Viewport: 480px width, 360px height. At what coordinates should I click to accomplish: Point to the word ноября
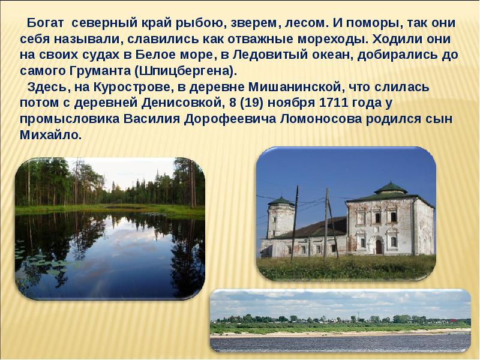click(x=290, y=103)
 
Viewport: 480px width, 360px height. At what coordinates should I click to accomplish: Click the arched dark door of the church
click(x=379, y=246)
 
